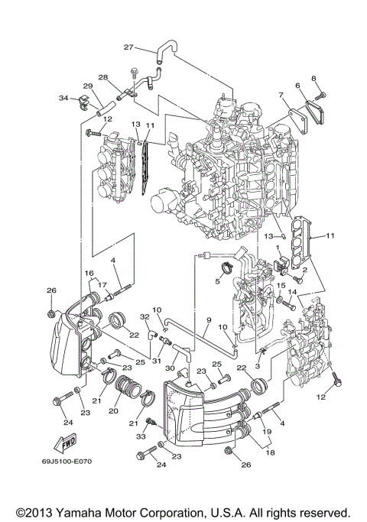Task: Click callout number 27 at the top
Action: pyautogui.click(x=128, y=47)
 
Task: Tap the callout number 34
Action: pyautogui.click(x=63, y=98)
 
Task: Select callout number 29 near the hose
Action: pyautogui.click(x=87, y=86)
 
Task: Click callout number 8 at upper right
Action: pyautogui.click(x=313, y=79)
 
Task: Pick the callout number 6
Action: pyautogui.click(x=297, y=86)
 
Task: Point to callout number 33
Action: pyautogui.click(x=141, y=436)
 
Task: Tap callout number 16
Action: pyautogui.click(x=89, y=273)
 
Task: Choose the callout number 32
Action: pyautogui.click(x=144, y=316)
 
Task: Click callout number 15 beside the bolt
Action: pyautogui.click(x=281, y=287)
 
